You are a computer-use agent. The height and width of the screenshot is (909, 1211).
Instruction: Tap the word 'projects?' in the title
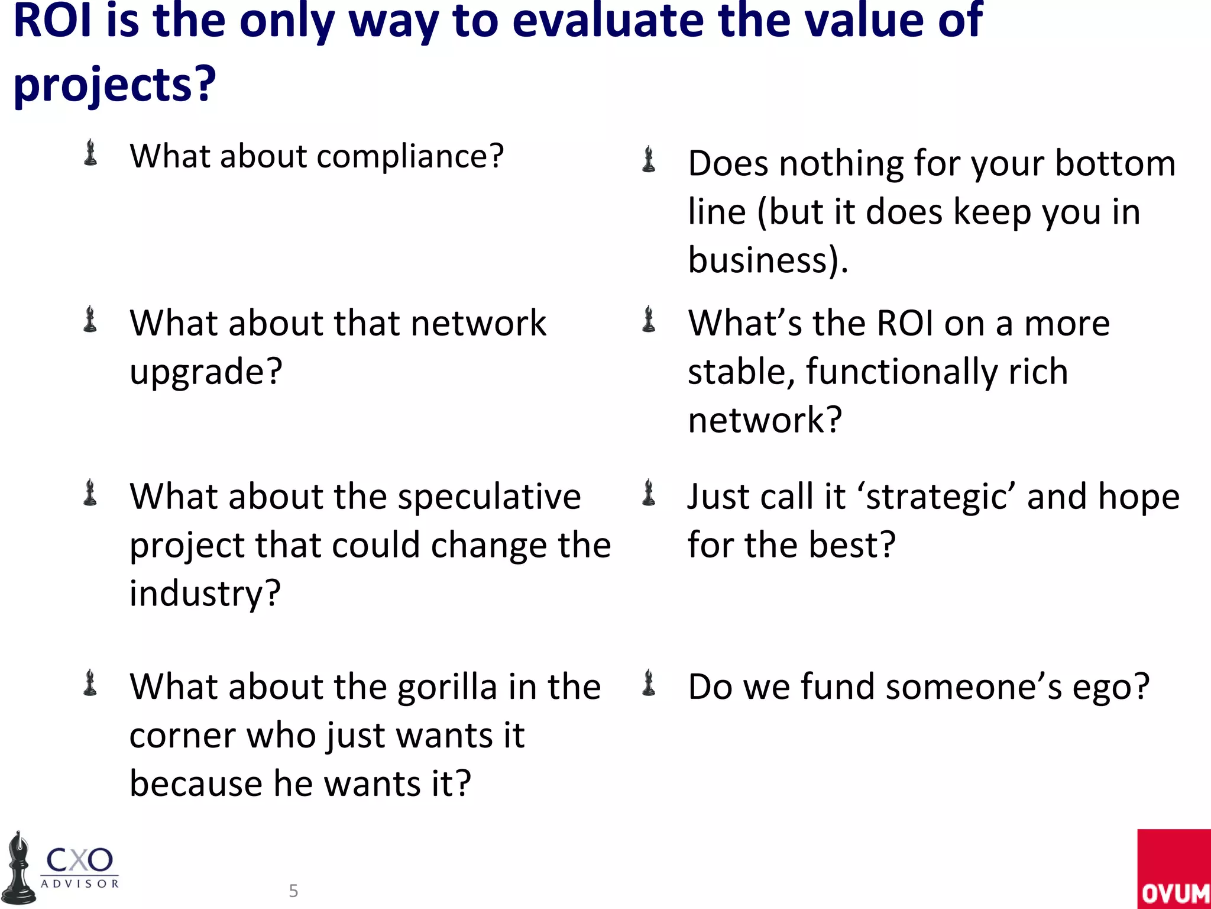[115, 85]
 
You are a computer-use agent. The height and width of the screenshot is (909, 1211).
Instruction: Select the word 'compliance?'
[410, 157]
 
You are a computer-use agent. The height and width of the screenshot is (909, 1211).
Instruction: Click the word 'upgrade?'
[206, 372]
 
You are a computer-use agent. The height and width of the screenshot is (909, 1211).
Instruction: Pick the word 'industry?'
[205, 593]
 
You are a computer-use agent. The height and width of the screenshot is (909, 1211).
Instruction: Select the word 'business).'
[768, 260]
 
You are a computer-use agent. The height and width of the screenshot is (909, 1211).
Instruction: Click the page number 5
[293, 891]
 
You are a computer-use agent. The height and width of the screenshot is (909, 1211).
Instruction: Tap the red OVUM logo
[1174, 869]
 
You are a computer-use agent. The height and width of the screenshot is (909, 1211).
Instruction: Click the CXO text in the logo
[79, 860]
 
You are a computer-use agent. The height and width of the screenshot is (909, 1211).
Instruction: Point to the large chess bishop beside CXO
[19, 869]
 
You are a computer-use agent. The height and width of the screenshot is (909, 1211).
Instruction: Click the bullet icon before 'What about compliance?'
[90, 153]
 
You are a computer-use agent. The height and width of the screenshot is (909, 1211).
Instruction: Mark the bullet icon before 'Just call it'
[649, 493]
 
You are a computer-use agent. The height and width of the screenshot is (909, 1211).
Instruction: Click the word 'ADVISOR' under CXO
[80, 884]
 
